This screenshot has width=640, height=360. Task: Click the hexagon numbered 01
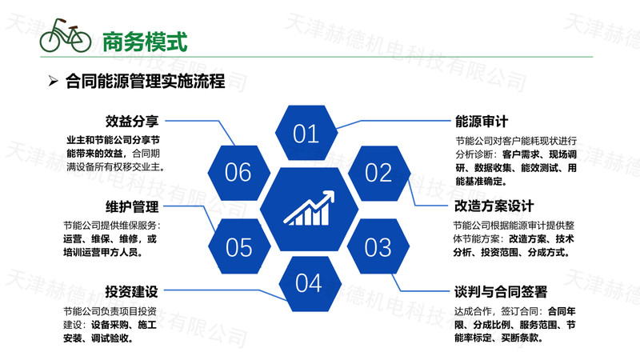(x=306, y=133)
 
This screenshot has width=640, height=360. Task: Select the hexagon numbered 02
(x=379, y=173)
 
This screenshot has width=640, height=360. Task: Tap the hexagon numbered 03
(x=378, y=246)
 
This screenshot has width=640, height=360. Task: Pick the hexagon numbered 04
(x=310, y=284)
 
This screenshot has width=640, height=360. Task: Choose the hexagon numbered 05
(x=239, y=246)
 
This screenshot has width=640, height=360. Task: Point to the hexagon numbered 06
(x=238, y=173)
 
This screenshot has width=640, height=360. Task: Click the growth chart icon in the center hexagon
(x=309, y=208)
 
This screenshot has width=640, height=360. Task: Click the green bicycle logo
(x=66, y=35)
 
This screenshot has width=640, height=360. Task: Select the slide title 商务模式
(x=145, y=42)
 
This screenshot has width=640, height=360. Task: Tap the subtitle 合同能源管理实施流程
(x=146, y=81)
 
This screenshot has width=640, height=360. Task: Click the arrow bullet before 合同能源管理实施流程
(x=53, y=81)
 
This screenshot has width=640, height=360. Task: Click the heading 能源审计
(x=482, y=122)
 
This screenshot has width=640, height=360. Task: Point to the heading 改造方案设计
(x=494, y=206)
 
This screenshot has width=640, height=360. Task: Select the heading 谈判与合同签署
(x=501, y=292)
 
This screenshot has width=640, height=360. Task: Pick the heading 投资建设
(x=131, y=291)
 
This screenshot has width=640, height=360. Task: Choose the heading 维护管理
(x=132, y=206)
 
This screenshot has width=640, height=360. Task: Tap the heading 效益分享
(x=132, y=122)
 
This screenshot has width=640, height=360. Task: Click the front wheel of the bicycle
(x=81, y=41)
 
